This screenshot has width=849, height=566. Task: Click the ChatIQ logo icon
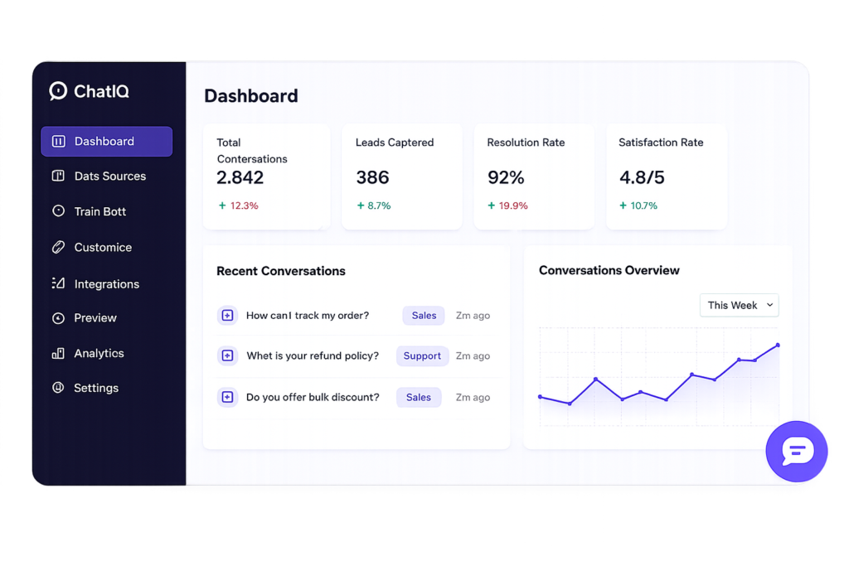(58, 91)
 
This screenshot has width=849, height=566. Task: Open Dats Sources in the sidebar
(110, 176)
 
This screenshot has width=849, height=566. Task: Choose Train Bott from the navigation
(99, 211)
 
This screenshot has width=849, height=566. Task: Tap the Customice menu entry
(103, 247)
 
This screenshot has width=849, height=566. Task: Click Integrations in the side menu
(107, 283)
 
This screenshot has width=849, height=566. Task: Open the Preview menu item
(95, 317)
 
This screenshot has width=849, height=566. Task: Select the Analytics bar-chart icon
(58, 353)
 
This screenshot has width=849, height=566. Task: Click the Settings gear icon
(58, 388)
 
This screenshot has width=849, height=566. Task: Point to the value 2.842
(240, 177)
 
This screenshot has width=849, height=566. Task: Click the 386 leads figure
(372, 177)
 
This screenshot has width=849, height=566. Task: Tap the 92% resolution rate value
(506, 177)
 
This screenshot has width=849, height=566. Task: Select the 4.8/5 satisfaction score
(642, 177)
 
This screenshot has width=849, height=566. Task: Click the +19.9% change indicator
(507, 206)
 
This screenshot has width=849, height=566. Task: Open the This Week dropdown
(739, 305)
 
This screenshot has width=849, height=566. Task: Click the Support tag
(422, 356)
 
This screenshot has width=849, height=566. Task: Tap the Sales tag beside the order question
(424, 316)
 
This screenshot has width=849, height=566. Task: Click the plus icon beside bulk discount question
(227, 397)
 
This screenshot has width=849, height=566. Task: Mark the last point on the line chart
(778, 345)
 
